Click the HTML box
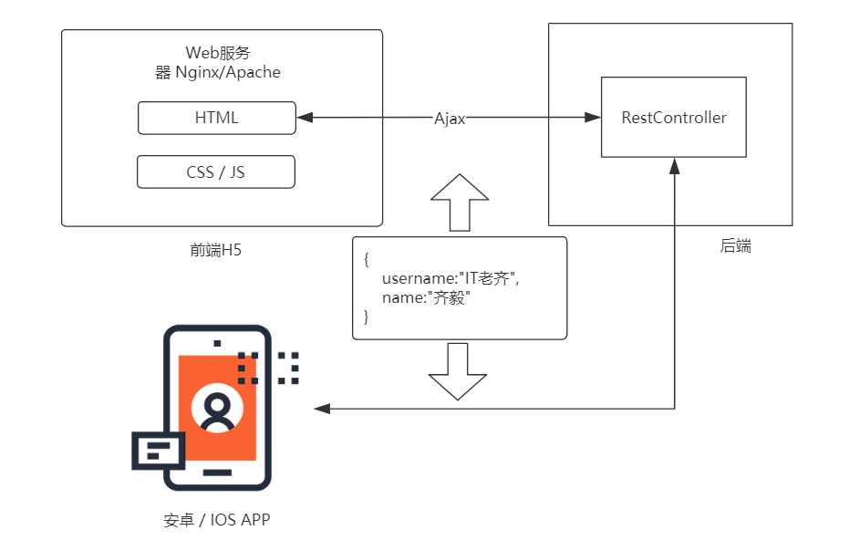[x=217, y=118]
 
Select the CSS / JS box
[x=216, y=172]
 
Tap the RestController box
[x=674, y=118]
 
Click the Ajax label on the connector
[x=450, y=119]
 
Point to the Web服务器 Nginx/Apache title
[x=218, y=63]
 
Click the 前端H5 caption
[x=215, y=250]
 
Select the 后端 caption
[x=735, y=245]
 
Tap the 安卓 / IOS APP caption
[x=217, y=520]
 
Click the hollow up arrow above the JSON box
[x=460, y=203]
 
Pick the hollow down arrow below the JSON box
[x=458, y=371]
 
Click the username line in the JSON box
[x=450, y=278]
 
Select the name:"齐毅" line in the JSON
[x=426, y=297]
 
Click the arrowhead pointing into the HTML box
[x=305, y=118]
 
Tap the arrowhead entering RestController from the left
[x=593, y=118]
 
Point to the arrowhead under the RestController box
[x=675, y=166]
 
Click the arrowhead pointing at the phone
[x=322, y=409]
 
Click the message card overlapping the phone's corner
[x=159, y=451]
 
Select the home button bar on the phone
[x=218, y=472]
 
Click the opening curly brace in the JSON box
[x=367, y=259]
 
